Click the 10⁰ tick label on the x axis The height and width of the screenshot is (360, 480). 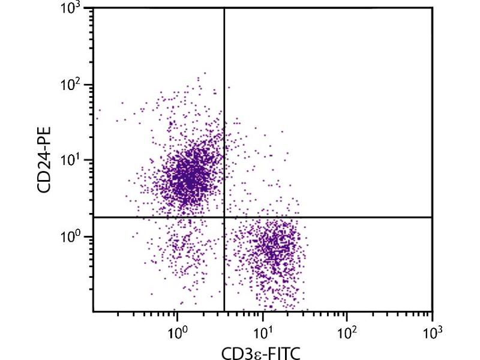(176, 331)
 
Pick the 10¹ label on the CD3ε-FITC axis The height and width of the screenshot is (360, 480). (262, 331)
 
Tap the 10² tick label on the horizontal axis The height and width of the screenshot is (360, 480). (347, 331)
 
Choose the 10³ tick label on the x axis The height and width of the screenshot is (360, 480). (432, 331)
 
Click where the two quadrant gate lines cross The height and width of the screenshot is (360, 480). (224, 217)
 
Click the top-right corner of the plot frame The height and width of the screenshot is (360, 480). (432, 8)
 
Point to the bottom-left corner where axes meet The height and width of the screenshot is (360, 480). (94, 311)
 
